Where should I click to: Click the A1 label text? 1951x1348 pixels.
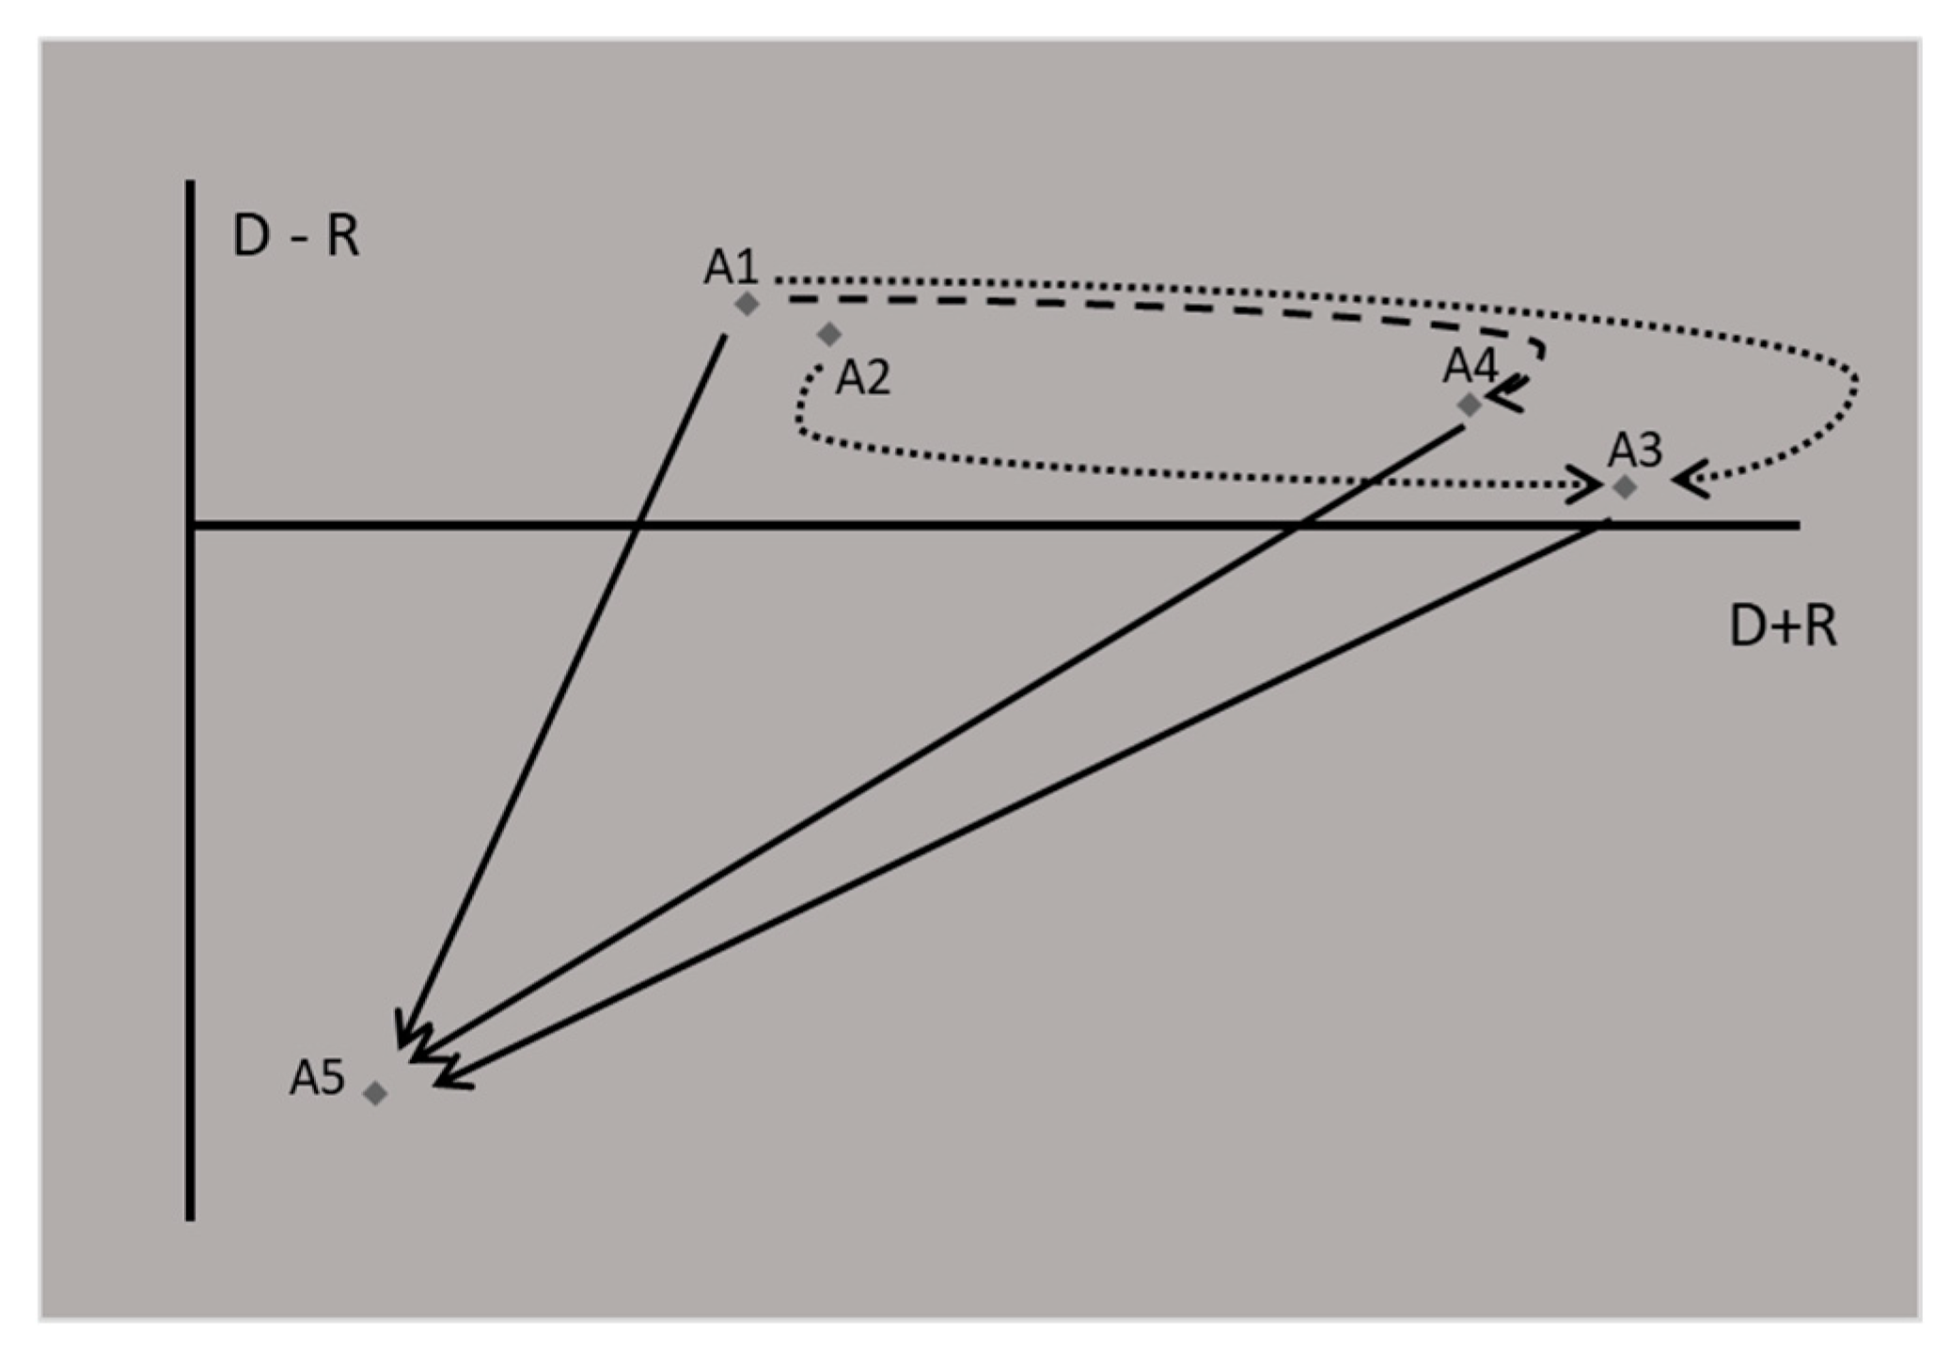(731, 267)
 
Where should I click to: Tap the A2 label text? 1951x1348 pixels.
(862, 378)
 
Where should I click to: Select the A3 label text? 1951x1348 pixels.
(1634, 451)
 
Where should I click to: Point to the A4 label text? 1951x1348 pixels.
(1470, 366)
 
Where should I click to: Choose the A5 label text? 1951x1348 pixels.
(317, 1077)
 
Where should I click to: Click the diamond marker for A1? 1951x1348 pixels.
(747, 304)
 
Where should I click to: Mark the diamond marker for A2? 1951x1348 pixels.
(828, 334)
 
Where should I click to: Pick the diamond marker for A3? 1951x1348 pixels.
(1624, 487)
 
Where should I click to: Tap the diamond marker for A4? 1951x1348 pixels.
(1469, 404)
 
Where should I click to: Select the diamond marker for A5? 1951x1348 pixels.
(375, 1092)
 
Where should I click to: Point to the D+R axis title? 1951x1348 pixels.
(1783, 626)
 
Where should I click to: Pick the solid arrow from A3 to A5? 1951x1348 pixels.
(1034, 800)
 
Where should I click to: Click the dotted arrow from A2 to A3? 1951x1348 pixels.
(1128, 470)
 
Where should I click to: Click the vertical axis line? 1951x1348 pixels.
(191, 847)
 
